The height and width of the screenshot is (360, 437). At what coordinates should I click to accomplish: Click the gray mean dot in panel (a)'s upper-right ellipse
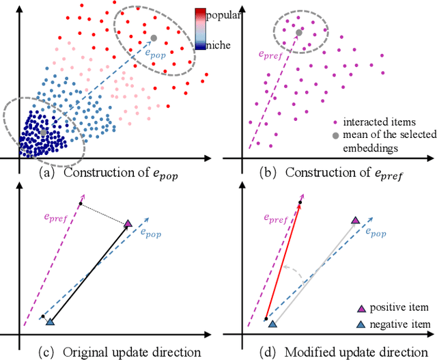point(154,38)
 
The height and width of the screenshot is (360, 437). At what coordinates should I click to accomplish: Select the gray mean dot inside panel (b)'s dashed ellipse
point(299,31)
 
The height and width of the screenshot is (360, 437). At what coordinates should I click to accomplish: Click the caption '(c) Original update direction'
point(110,350)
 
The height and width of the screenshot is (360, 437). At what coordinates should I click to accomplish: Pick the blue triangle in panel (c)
point(49,320)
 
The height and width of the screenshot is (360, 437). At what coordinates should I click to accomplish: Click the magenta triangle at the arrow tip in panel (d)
point(354,220)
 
